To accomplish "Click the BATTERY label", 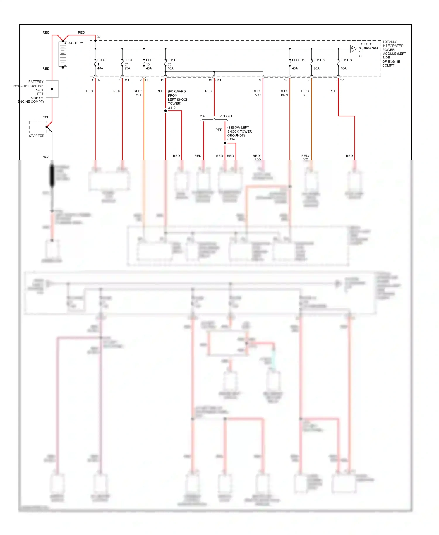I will point(76,43).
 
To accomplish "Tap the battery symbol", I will point(63,54).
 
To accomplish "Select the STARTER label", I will point(37,136).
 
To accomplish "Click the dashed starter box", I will point(38,127).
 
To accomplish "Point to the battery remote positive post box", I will point(52,89).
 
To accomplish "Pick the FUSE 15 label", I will point(299,60).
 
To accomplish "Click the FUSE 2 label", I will point(319,60).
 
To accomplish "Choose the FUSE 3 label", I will point(346,60).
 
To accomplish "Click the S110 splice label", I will point(172,108).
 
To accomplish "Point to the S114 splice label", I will point(231,139).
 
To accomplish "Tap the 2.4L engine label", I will point(203,116).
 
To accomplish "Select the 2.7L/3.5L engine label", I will point(226,116).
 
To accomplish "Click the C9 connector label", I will point(99,37).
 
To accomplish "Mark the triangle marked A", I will point(353,49).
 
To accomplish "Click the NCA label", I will point(46,157).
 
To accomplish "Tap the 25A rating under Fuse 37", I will point(127,68).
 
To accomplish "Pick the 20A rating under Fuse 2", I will point(316,68).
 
